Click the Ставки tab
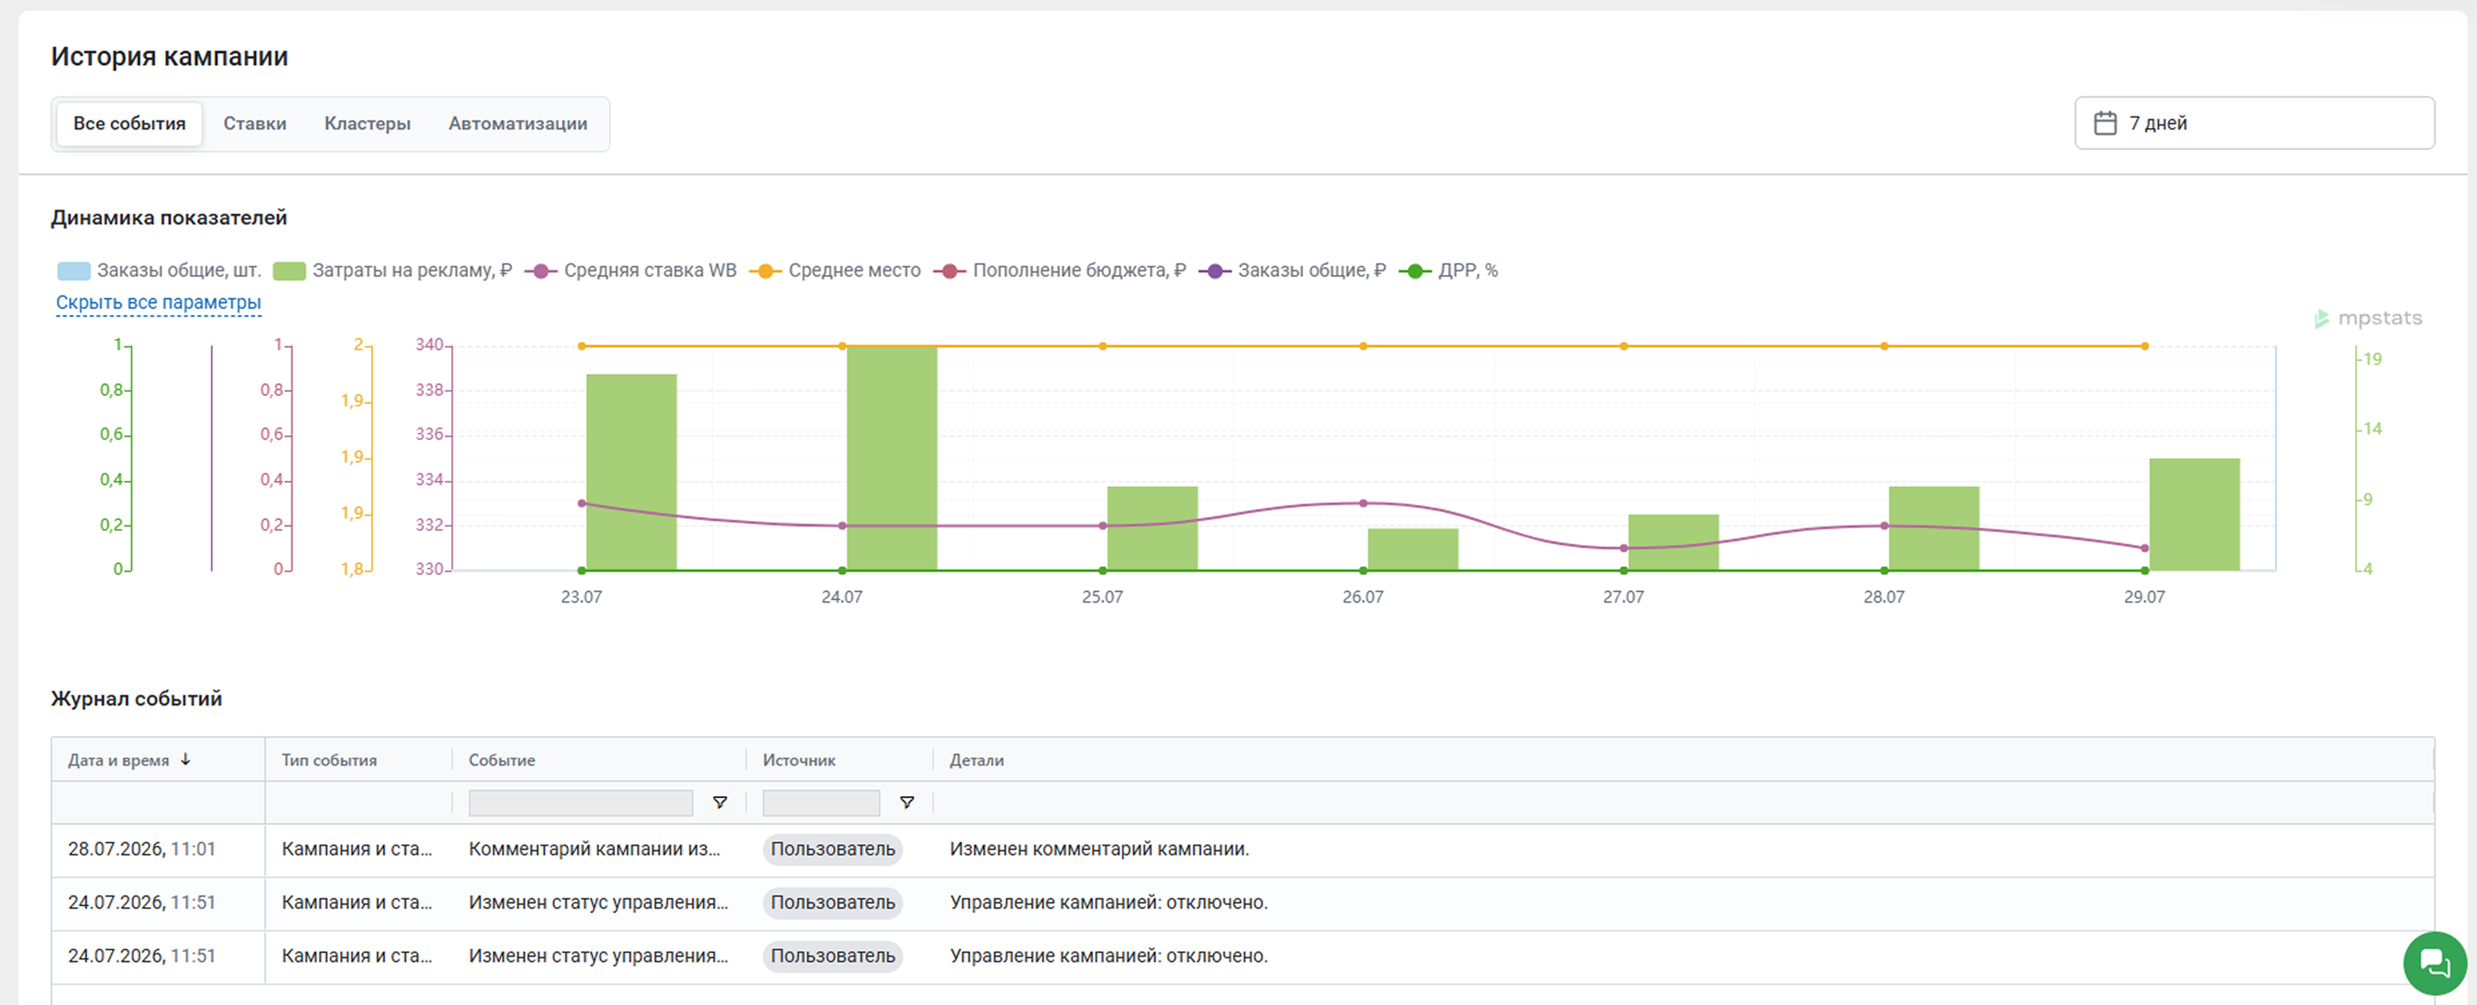click(255, 123)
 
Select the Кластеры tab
click(367, 123)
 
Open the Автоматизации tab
click(517, 123)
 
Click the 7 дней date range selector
click(2254, 123)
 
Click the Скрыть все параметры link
click(159, 302)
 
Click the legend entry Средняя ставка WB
click(632, 270)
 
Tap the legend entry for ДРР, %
click(1448, 270)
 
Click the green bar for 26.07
click(1414, 549)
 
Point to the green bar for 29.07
click(2195, 515)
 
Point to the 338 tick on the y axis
click(429, 390)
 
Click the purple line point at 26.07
click(1363, 503)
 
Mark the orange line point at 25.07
click(1103, 346)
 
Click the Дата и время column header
click(118, 760)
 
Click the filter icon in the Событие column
click(719, 802)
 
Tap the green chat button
click(2435, 963)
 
